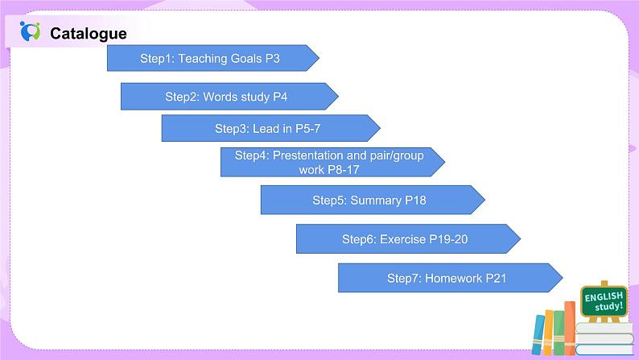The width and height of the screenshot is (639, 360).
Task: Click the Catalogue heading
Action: (x=88, y=33)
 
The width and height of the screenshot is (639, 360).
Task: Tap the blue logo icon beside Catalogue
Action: (x=31, y=31)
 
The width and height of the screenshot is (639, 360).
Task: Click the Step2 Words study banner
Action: (x=226, y=97)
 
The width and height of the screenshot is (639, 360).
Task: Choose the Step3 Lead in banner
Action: (x=268, y=128)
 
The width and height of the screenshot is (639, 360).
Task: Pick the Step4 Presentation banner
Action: (x=329, y=162)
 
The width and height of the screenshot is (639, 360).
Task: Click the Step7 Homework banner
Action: (x=446, y=278)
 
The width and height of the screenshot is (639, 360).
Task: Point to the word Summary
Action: (x=375, y=200)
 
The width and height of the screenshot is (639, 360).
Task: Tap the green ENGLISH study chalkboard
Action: (x=604, y=301)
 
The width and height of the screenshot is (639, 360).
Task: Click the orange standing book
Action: (x=549, y=333)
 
